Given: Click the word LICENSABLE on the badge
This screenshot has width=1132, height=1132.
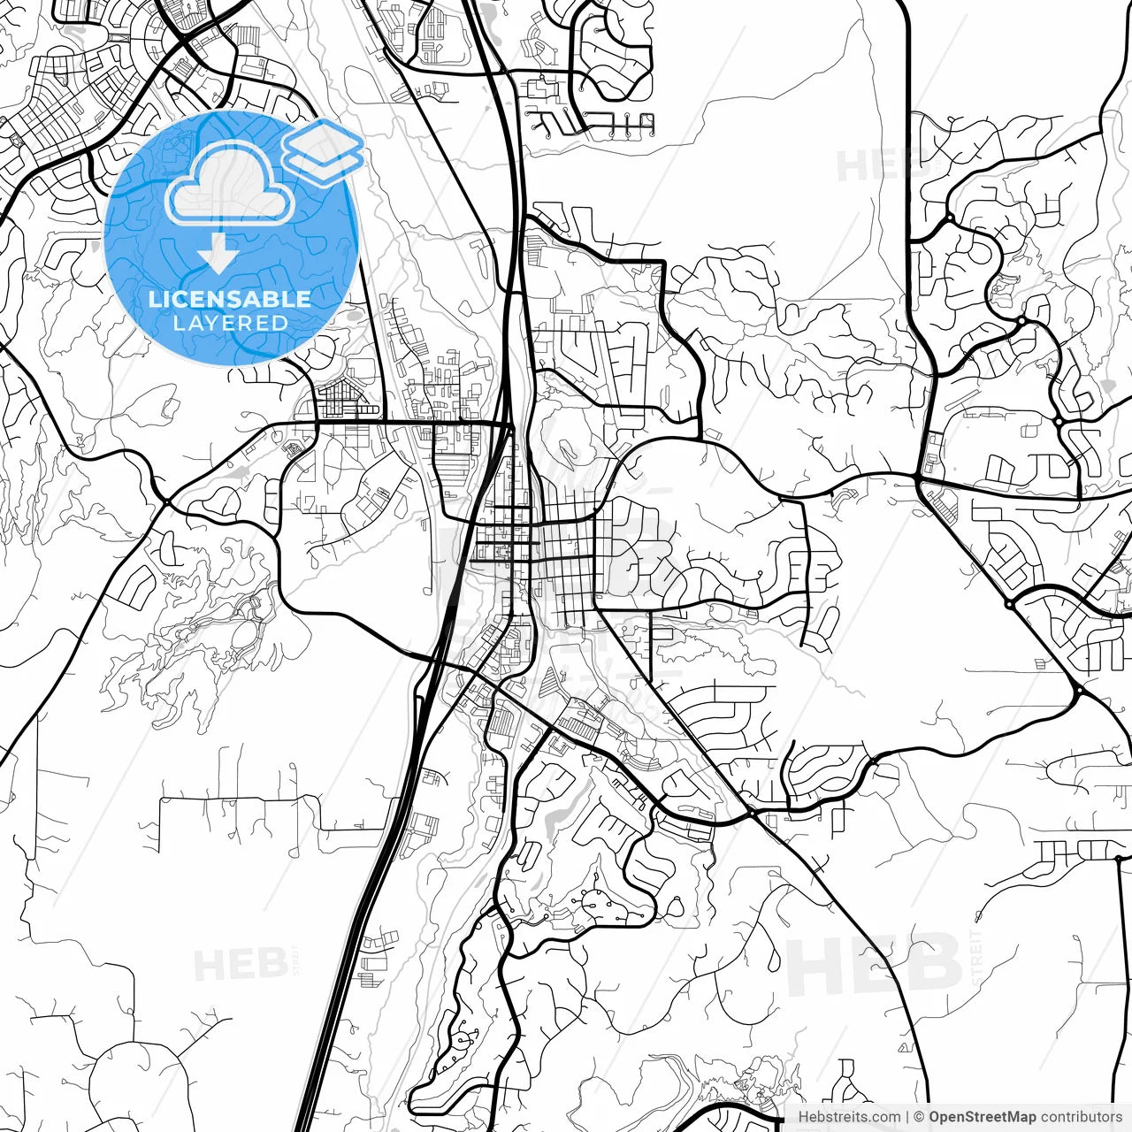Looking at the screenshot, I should click(x=230, y=299).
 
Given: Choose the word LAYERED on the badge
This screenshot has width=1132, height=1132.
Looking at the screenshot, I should click(x=230, y=323).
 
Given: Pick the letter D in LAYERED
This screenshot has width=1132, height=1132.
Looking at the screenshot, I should click(x=279, y=323).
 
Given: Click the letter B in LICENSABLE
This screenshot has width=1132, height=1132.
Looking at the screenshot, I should click(x=277, y=299).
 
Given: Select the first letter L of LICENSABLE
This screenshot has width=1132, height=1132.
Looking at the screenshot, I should click(x=154, y=299).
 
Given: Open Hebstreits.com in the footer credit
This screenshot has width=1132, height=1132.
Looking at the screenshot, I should click(x=849, y=1117).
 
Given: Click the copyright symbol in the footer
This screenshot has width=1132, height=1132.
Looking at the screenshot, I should click(x=919, y=1117).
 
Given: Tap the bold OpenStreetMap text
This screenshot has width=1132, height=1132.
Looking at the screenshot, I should click(x=981, y=1117).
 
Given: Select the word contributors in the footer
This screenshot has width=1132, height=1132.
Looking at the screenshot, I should click(x=1081, y=1117).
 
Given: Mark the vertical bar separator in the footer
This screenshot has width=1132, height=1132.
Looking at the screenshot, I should click(x=907, y=1117).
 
